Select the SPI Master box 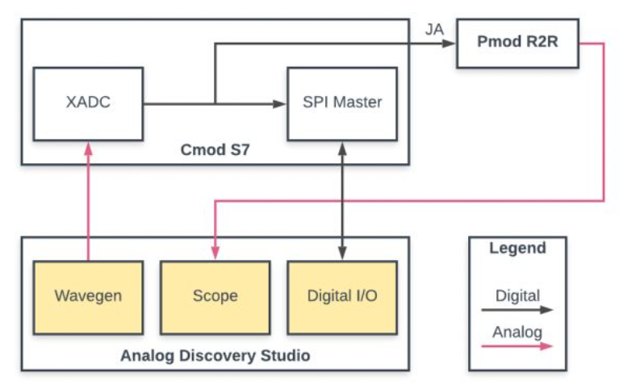342,103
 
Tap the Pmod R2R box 518,43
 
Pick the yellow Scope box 215,296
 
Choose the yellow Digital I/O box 342,296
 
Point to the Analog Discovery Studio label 215,355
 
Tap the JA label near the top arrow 433,30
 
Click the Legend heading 517,248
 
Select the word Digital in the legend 517,295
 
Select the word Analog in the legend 517,332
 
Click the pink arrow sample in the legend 517,345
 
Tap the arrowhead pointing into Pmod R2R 451,44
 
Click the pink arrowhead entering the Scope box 215,256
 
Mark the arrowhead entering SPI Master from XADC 282,103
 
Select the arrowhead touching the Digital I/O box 343,256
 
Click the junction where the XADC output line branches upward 215,103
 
